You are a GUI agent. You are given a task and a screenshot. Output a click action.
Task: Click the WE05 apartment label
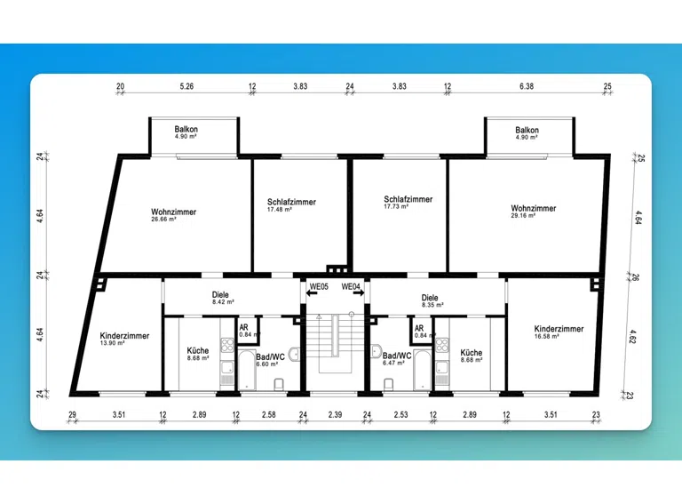[319, 287]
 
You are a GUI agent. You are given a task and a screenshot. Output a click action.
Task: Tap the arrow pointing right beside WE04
[359, 293]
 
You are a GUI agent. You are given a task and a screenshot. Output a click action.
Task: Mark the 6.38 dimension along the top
[527, 86]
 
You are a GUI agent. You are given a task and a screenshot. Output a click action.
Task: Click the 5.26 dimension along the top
[186, 86]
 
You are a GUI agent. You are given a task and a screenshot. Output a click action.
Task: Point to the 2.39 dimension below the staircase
[335, 415]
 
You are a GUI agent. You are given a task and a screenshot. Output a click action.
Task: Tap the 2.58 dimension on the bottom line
[269, 415]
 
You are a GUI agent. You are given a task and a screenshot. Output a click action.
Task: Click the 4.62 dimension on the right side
[632, 336]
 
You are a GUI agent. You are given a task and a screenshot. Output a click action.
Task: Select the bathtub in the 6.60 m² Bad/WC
[247, 371]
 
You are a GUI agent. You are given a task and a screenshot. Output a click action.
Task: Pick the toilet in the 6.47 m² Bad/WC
[388, 384]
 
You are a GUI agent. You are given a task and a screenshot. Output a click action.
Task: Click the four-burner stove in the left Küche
[227, 345]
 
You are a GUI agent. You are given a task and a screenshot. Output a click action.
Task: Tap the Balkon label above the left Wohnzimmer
[186, 129]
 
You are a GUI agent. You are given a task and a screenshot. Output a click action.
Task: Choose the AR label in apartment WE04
[419, 328]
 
